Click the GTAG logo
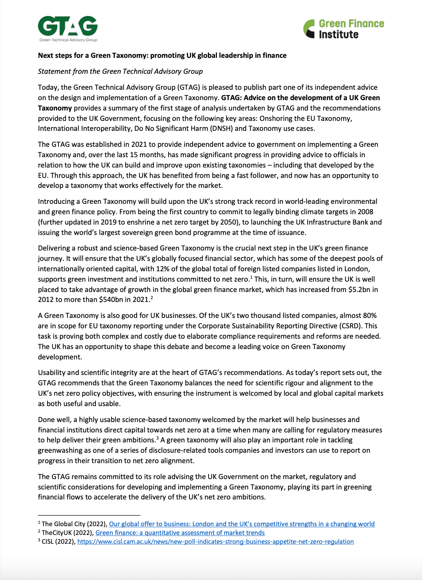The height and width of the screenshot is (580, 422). click(68, 28)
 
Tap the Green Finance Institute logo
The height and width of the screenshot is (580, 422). click(344, 29)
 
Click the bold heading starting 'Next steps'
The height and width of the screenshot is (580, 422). click(162, 55)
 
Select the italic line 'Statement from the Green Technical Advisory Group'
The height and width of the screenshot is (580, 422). click(120, 71)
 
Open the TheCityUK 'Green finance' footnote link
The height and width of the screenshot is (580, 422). click(180, 533)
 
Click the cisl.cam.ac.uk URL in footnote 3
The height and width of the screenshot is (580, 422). click(215, 541)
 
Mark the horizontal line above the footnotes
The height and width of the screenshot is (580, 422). click(89, 515)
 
